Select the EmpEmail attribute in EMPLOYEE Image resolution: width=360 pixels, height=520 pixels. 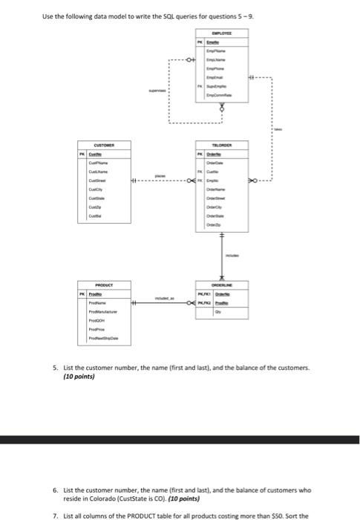tap(221, 77)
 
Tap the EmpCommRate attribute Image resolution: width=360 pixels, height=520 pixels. tap(221, 95)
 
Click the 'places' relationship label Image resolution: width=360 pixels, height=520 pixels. tap(160, 176)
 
